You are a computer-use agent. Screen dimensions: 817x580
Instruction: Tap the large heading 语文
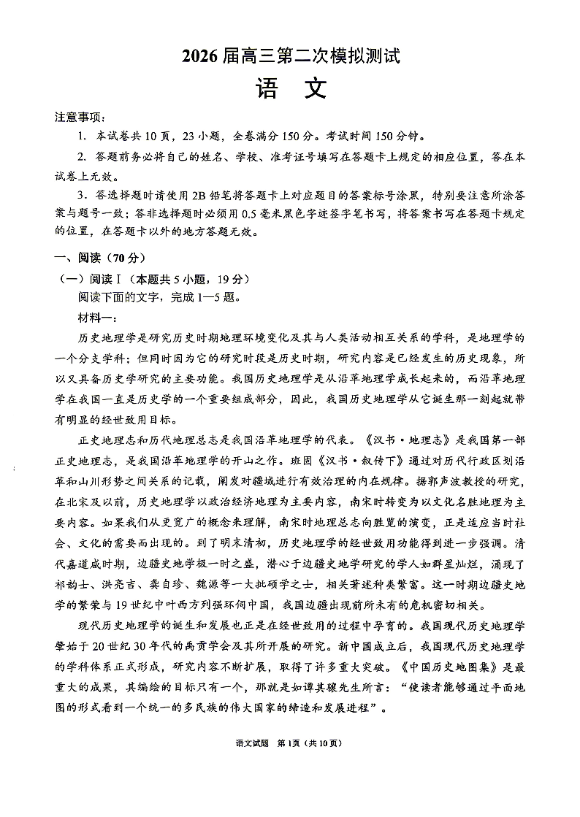coord(290,89)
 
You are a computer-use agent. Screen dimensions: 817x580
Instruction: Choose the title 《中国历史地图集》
coord(444,667)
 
